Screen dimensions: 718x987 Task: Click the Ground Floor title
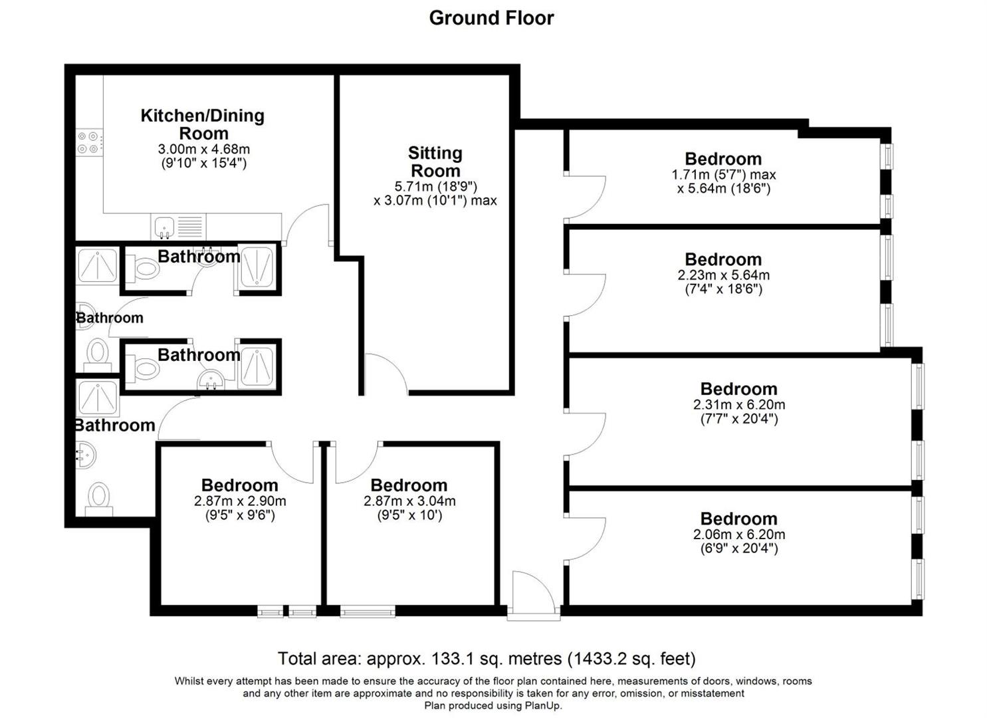[x=491, y=18]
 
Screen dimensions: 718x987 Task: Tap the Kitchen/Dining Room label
[x=203, y=124]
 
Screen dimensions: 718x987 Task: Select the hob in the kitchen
[x=89, y=141]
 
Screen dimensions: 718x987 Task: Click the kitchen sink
[x=164, y=227]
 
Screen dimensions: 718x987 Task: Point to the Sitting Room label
[x=435, y=162]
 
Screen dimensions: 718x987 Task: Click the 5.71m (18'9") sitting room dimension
[x=435, y=186]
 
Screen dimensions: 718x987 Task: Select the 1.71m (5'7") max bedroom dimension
[x=723, y=175]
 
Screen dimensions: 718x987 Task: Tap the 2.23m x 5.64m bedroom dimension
[x=723, y=275]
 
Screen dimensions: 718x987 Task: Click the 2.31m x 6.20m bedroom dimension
[x=738, y=405]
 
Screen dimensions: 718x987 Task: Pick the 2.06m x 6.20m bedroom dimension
[x=738, y=535]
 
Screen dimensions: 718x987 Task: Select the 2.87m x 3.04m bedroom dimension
[x=409, y=501]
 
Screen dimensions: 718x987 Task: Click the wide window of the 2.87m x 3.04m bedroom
[x=368, y=611]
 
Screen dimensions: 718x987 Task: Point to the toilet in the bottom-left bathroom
[x=99, y=497]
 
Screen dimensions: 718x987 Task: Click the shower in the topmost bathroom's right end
[x=257, y=267]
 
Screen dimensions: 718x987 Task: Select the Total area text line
[x=487, y=659]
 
